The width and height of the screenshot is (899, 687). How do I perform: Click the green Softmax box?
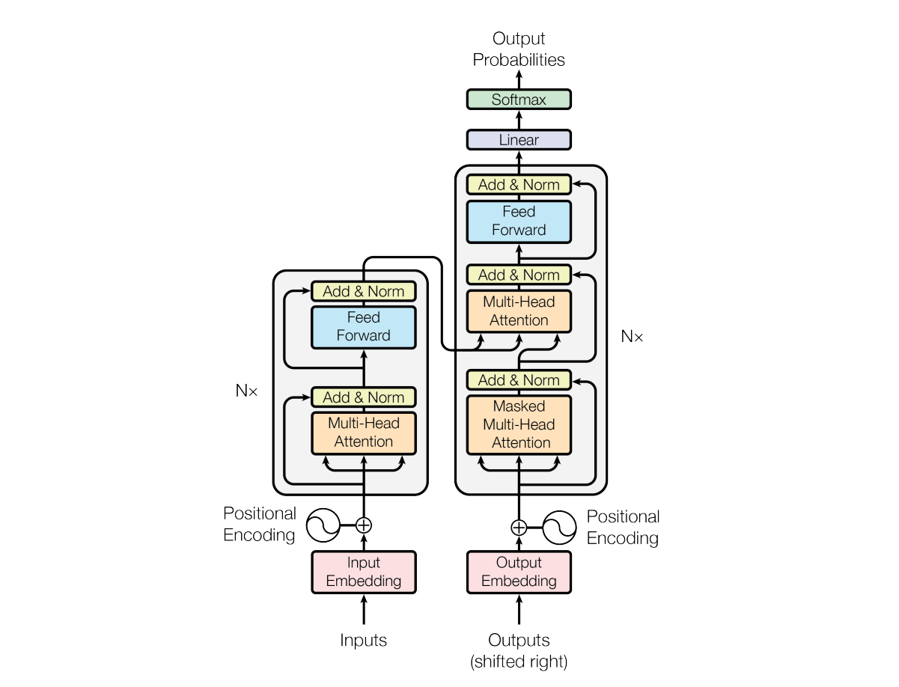(519, 100)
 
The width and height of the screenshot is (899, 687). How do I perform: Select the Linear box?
(519, 140)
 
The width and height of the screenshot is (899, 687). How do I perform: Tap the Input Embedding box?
(363, 572)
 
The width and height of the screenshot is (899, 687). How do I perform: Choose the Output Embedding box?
(519, 572)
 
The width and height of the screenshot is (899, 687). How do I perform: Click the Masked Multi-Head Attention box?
(519, 424)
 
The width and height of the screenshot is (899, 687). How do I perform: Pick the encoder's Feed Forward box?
(363, 327)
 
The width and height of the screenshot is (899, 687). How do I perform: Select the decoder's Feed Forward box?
(519, 222)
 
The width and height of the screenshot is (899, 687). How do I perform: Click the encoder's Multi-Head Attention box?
(363, 433)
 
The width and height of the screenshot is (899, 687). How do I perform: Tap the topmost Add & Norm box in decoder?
(519, 185)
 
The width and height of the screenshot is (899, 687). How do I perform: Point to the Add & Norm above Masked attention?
(519, 380)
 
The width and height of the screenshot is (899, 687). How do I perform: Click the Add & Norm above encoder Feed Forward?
(363, 291)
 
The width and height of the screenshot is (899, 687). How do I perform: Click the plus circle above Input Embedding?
(363, 525)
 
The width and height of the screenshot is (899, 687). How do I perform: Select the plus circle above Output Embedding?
(519, 528)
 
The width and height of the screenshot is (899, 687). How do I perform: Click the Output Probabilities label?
(519, 49)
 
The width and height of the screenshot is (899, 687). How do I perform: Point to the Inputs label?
(363, 641)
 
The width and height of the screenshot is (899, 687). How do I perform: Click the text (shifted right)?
(519, 662)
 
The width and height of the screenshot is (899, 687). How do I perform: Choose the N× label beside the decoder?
(632, 337)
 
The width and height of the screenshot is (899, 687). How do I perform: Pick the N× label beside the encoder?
(246, 390)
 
